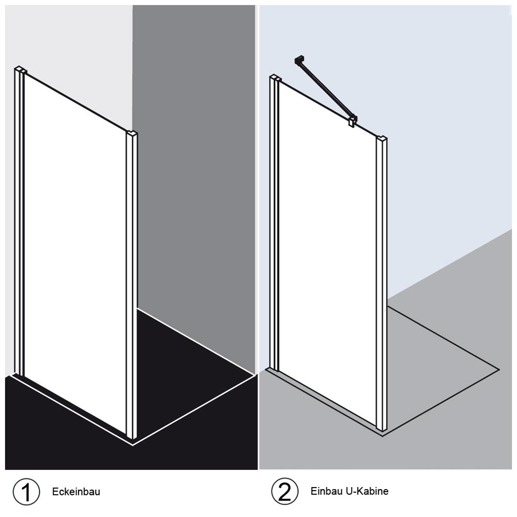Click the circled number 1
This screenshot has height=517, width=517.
point(26,492)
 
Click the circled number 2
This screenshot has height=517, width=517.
point(285,491)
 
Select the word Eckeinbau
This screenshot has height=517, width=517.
point(76,492)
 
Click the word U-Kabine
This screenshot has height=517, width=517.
point(367,491)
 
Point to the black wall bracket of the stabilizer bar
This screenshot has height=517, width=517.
point(298,59)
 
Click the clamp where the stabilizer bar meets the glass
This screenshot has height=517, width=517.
point(353,120)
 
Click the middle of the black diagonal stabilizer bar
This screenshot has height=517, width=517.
point(325,89)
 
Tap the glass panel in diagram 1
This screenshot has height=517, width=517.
point(75,254)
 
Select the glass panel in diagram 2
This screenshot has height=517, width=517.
point(328,254)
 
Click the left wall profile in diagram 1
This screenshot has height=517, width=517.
point(20,221)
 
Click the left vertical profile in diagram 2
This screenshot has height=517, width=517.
point(275,222)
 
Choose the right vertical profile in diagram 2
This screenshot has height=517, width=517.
point(382,283)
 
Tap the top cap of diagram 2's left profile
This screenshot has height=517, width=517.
point(276,78)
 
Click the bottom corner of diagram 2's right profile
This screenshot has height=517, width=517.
point(382,431)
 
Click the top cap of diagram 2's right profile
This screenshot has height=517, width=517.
point(382,138)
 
